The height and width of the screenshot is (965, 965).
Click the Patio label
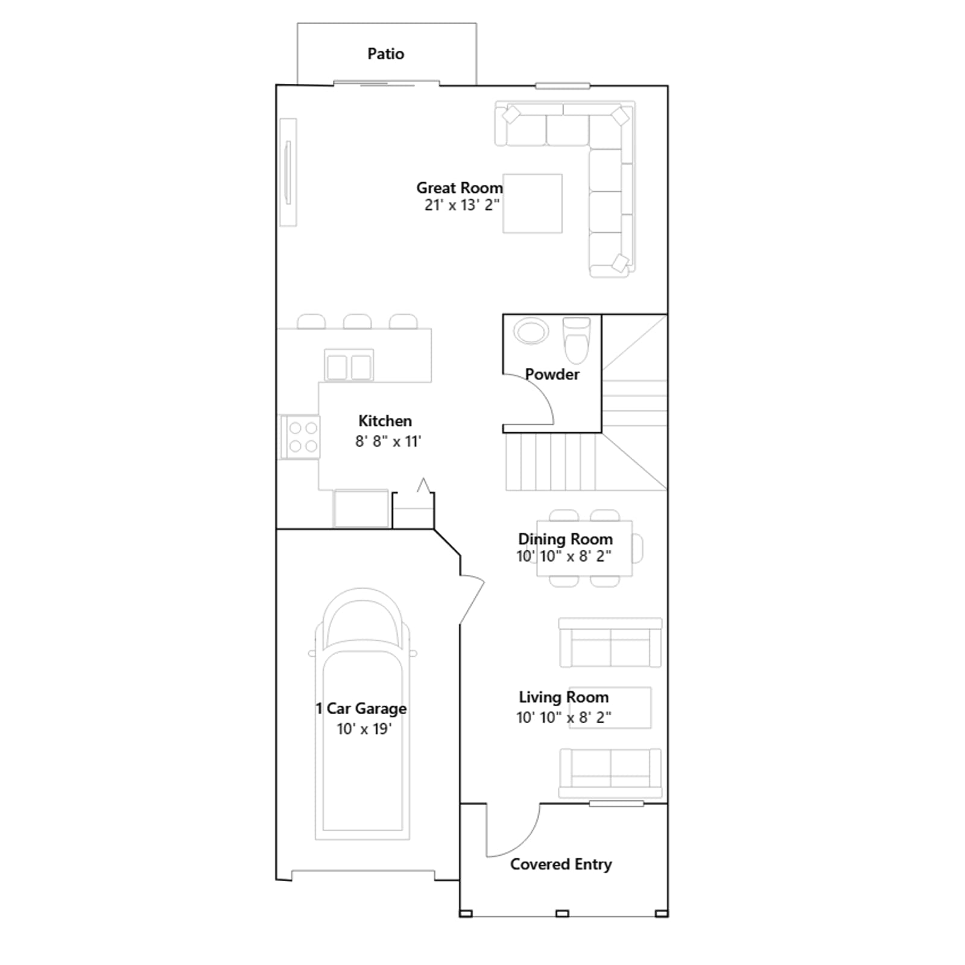(385, 54)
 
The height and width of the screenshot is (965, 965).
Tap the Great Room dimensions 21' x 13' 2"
(462, 205)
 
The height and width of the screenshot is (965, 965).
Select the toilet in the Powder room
(576, 340)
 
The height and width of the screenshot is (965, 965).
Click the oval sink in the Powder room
(531, 331)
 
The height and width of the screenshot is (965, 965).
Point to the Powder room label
(552, 375)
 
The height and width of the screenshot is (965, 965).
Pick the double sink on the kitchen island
(349, 365)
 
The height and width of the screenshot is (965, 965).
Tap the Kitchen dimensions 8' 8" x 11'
(388, 441)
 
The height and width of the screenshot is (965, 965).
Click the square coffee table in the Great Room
(533, 203)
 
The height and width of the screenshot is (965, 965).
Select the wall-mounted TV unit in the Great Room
(288, 172)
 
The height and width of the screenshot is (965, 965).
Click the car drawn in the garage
(362, 714)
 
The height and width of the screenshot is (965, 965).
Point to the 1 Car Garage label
(361, 709)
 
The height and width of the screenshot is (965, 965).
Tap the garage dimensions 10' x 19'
(364, 729)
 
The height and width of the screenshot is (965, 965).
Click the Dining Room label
(565, 539)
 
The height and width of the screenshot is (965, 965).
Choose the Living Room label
(564, 697)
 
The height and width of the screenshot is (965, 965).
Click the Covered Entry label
(561, 864)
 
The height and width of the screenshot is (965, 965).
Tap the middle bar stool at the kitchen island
(357, 321)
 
